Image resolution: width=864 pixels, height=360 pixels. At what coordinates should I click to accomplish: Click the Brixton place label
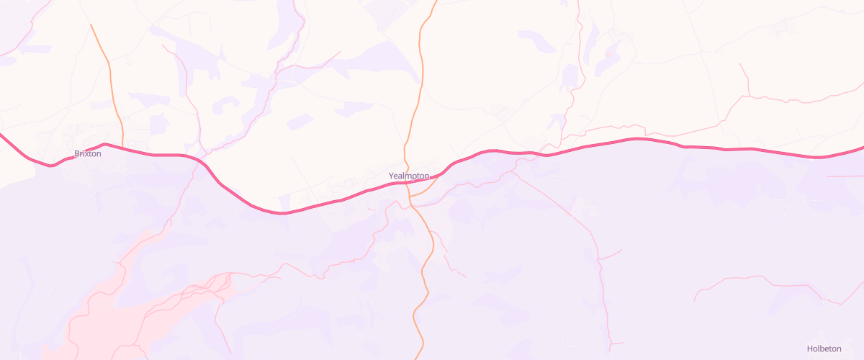[x=87, y=153]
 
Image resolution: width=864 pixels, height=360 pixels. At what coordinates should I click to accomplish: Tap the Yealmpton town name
[x=409, y=176]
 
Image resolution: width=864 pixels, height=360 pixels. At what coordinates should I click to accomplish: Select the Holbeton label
[x=824, y=348]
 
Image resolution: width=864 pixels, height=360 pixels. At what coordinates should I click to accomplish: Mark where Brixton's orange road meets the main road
[x=123, y=148]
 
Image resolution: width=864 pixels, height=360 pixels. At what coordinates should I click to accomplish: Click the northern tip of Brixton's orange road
[x=91, y=24]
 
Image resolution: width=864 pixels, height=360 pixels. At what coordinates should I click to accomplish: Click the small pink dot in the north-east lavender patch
[x=608, y=53]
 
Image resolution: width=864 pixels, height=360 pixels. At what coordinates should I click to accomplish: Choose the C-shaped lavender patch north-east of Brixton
[x=225, y=105]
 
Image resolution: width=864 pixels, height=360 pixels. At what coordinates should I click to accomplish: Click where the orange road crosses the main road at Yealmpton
[x=408, y=183]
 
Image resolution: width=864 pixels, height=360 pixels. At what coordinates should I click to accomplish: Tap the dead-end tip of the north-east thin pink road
[x=740, y=63]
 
